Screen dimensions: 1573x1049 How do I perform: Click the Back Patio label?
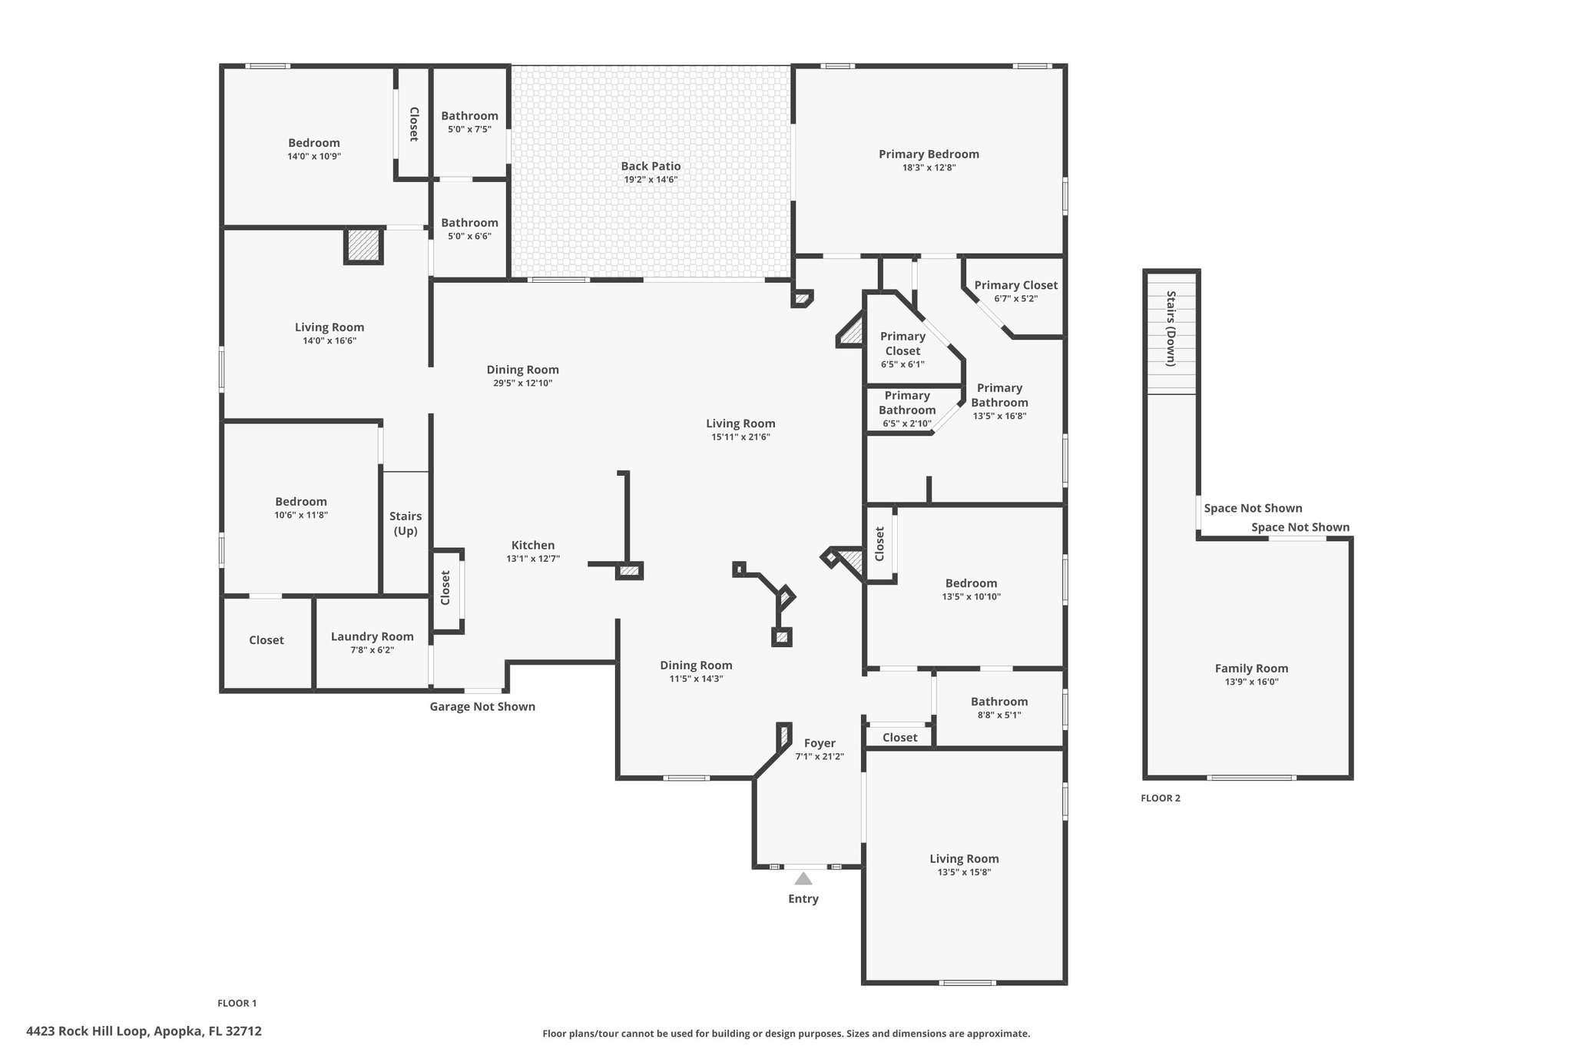pos(651,166)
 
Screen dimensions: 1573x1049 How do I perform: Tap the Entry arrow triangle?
pos(803,878)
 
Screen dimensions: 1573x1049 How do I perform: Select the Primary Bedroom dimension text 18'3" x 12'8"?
pos(929,168)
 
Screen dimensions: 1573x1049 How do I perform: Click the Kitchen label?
pos(533,545)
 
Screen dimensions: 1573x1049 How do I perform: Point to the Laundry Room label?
pos(373,636)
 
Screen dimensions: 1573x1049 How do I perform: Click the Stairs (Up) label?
pos(406,523)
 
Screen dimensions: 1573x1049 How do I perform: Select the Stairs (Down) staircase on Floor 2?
pos(1171,333)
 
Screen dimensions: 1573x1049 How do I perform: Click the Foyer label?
pos(820,743)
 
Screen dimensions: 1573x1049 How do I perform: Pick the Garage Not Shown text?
pos(482,706)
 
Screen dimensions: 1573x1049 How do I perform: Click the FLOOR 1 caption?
pos(237,1003)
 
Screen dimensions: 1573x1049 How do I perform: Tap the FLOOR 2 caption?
pos(1161,798)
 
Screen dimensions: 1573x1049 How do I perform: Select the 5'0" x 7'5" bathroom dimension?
pos(469,129)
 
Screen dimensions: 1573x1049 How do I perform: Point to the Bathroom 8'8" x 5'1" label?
pos(999,707)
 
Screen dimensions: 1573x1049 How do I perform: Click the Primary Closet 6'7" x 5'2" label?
pos(1016,291)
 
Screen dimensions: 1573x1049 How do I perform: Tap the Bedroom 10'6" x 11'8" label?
pos(301,508)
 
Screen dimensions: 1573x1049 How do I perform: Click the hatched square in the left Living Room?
pos(363,246)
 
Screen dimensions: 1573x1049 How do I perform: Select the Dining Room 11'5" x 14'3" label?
pos(697,671)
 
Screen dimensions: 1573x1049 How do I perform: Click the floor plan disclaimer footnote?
pos(786,1034)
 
